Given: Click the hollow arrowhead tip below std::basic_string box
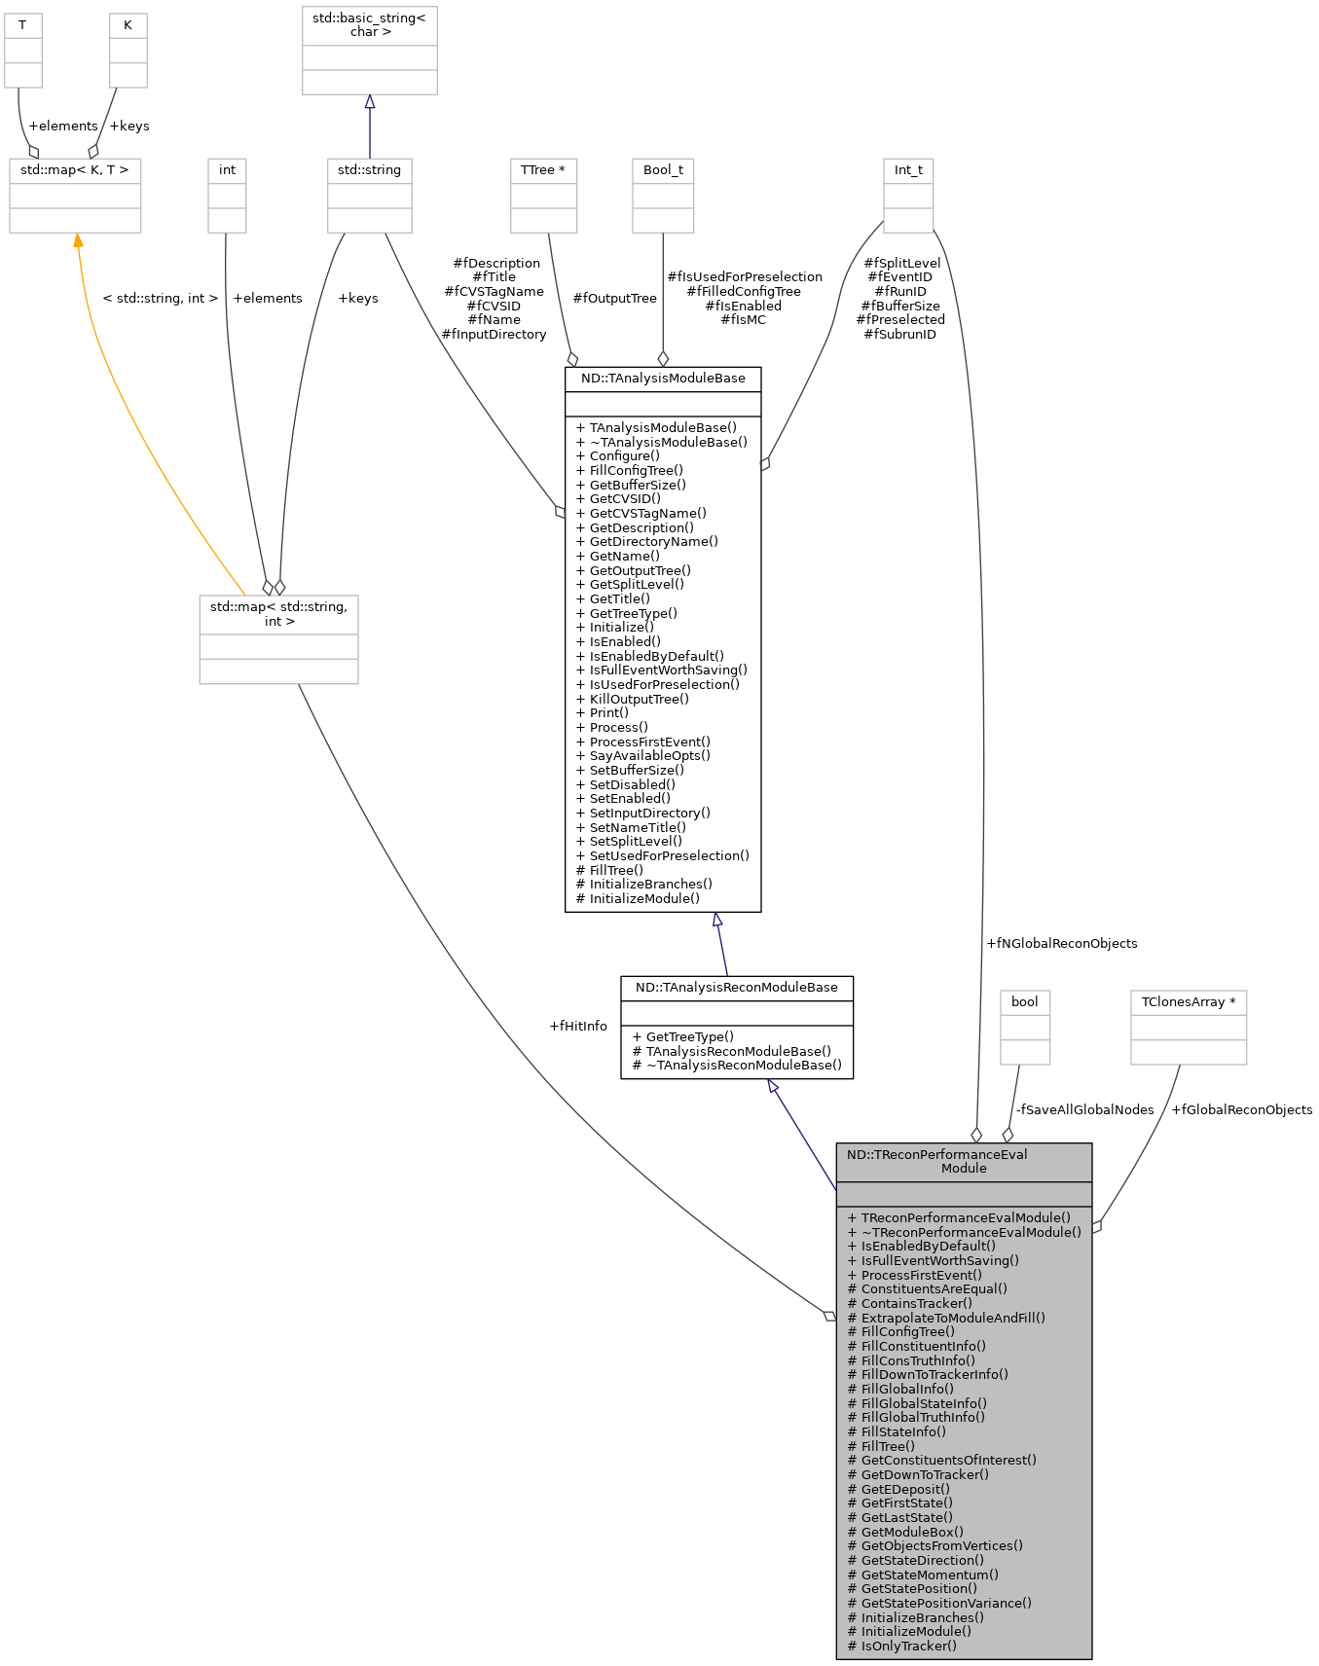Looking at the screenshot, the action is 369,95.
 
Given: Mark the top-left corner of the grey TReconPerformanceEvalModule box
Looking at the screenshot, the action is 836,1143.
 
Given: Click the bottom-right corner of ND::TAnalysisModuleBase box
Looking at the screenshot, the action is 760,912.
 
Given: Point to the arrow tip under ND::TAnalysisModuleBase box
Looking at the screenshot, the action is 716,913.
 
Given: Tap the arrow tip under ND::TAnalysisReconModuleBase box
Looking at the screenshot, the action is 768,1079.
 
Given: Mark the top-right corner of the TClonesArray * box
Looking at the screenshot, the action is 1246,992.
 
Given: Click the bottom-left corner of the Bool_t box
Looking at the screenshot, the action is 633,233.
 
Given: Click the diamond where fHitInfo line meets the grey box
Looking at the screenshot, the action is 829,1316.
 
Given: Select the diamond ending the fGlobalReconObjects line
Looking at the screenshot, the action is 1097,1228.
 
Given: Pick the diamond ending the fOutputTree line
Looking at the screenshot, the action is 572,360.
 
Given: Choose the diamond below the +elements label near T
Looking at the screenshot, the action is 33,152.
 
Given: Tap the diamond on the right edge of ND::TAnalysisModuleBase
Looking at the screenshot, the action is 765,464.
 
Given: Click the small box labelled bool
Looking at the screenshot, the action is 1025,1028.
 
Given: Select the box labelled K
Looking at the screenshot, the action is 128,51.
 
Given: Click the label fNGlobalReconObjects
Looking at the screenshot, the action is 1062,943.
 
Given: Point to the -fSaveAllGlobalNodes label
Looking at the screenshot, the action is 1085,1109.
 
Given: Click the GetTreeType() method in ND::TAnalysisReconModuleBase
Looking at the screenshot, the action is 682,1036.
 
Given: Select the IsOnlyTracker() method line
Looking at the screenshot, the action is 902,1646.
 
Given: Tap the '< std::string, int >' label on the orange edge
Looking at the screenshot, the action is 161,298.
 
